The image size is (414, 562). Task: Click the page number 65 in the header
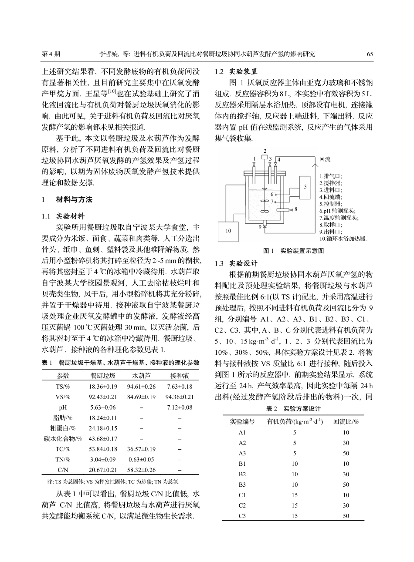(x=370, y=54)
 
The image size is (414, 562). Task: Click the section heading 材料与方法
(x=74, y=200)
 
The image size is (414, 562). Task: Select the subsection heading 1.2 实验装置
(x=236, y=71)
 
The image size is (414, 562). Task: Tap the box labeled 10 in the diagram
(x=228, y=231)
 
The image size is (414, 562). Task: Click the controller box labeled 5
(x=305, y=186)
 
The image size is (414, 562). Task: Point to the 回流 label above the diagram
(x=325, y=159)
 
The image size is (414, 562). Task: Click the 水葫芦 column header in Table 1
(x=141, y=375)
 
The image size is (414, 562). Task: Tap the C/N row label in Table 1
(x=63, y=470)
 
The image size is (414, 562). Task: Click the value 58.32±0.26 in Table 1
(x=141, y=470)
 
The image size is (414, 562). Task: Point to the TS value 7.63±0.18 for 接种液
(x=180, y=387)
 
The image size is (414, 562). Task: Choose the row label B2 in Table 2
(x=243, y=474)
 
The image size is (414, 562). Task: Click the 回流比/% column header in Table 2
(x=346, y=421)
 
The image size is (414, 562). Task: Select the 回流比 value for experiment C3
(x=346, y=516)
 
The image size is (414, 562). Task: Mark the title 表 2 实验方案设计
(x=293, y=409)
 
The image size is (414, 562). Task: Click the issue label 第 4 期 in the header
(x=51, y=54)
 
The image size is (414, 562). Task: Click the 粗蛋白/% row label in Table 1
(x=63, y=428)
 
